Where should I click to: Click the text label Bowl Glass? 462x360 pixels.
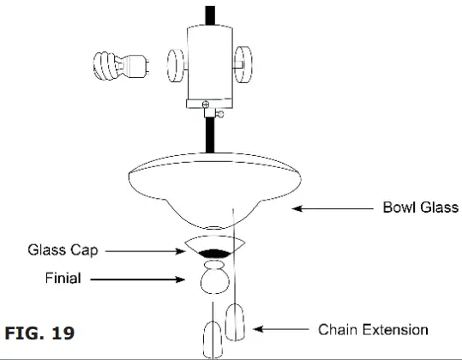pos(420,207)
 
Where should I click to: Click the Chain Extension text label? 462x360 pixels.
pos(373,329)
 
